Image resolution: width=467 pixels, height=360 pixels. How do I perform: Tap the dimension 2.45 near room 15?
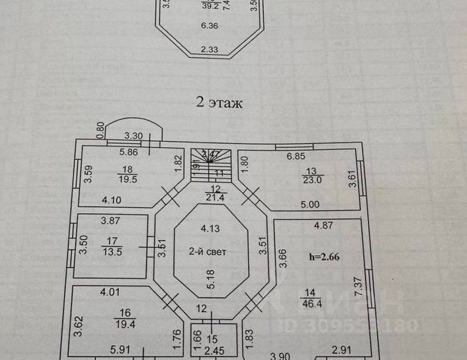(x=206, y=349)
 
